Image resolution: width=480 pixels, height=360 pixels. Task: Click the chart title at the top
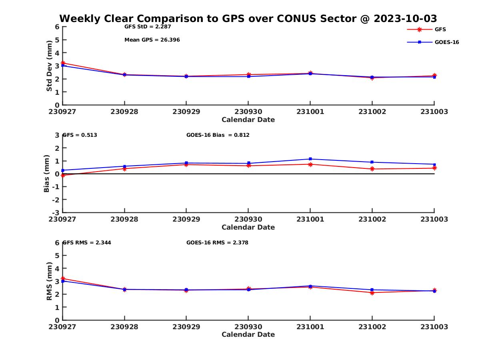[x=248, y=19]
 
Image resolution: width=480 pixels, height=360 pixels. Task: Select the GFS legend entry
[x=440, y=30]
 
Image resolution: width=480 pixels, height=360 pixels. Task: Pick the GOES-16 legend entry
[x=446, y=42]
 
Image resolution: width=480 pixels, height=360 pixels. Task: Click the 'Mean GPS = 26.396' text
[x=152, y=40]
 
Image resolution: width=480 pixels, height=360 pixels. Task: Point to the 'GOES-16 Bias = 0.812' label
[x=218, y=135]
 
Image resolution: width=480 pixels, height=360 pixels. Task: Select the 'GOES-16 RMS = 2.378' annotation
[x=217, y=242]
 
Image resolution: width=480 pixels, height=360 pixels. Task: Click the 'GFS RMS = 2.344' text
[x=84, y=242]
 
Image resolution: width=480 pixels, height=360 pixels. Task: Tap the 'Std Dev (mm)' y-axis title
[x=49, y=66]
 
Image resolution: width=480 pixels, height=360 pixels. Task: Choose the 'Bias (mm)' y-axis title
[x=47, y=174]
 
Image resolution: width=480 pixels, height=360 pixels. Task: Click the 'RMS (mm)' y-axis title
[x=49, y=281]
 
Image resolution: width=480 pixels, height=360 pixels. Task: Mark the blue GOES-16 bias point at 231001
[x=310, y=159]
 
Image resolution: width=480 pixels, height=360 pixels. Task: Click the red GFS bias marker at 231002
[x=372, y=169]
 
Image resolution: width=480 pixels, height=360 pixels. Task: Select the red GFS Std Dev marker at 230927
[x=63, y=63]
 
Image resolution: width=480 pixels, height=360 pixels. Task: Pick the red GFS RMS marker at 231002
[x=372, y=293]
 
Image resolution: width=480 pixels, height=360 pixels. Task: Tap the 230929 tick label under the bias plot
[x=186, y=219]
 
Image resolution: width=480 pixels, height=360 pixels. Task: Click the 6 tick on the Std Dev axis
[x=57, y=27]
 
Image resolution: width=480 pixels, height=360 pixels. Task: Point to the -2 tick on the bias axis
[x=56, y=200]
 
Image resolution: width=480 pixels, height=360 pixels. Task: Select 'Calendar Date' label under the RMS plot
[x=248, y=334]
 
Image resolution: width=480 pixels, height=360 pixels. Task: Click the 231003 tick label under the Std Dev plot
[x=434, y=112]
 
